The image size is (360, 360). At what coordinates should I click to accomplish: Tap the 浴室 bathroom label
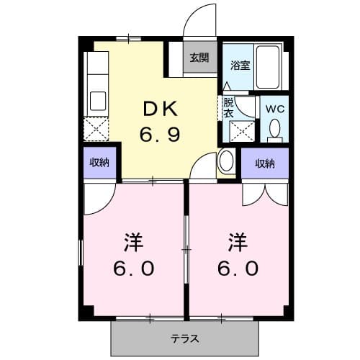click(239, 66)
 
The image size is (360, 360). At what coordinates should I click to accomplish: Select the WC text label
click(274, 109)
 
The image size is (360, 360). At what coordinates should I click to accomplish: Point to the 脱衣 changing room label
click(228, 108)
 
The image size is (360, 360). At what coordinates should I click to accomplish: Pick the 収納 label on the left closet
click(99, 163)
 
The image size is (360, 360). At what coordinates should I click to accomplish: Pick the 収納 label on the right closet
click(264, 163)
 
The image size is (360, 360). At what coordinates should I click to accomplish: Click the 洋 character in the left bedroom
click(132, 241)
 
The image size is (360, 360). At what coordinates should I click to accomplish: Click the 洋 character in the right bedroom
click(238, 241)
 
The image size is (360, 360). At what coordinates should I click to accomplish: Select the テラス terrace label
click(185, 338)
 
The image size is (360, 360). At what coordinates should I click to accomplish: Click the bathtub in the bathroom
click(271, 66)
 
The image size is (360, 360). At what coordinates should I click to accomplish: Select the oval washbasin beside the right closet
click(225, 161)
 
